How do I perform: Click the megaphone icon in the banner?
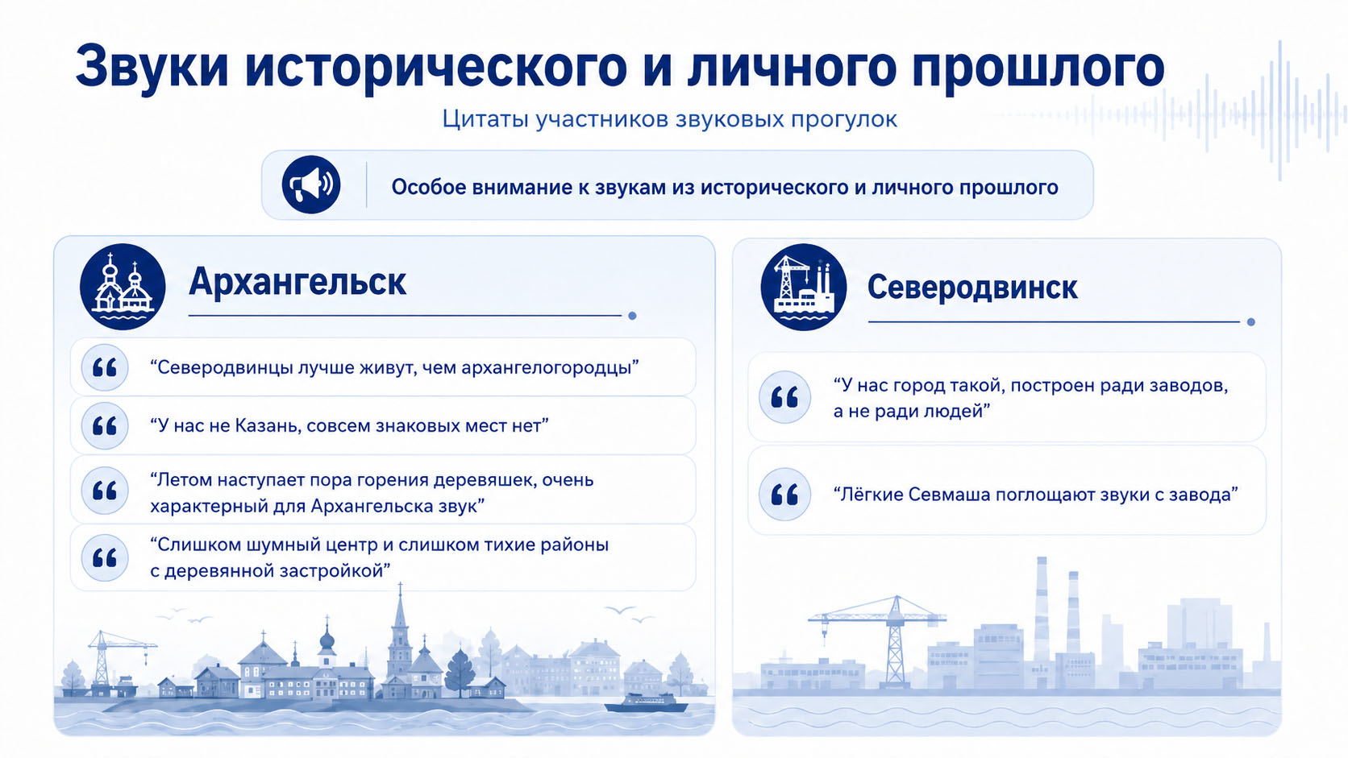(311, 184)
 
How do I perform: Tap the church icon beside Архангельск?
(123, 287)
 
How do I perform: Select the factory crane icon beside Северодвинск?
(803, 287)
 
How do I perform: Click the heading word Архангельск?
(297, 281)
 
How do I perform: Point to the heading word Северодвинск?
(971, 288)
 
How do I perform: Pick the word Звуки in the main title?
(152, 65)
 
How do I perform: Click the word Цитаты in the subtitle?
(485, 119)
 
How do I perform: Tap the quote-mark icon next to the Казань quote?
(105, 426)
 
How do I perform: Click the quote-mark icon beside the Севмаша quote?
(784, 494)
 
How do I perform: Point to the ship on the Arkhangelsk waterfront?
(647, 702)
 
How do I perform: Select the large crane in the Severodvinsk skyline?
(879, 640)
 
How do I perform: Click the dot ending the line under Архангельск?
(632, 316)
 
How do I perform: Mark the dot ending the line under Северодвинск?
(1251, 322)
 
